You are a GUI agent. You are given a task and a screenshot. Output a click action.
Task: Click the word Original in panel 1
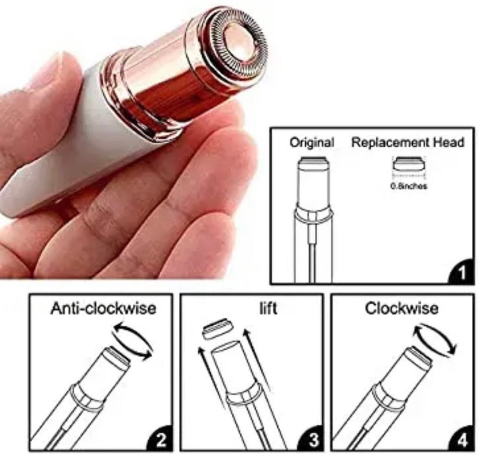coord(312,142)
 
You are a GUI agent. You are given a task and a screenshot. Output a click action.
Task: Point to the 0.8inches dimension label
coord(409,186)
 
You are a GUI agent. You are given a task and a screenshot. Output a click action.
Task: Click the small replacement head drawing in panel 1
coord(409,164)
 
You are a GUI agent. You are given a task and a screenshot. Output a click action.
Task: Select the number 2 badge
coord(160,439)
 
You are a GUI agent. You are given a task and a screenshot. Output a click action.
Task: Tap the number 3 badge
coord(311,439)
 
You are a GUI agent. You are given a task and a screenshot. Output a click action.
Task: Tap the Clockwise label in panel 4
coord(401,309)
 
